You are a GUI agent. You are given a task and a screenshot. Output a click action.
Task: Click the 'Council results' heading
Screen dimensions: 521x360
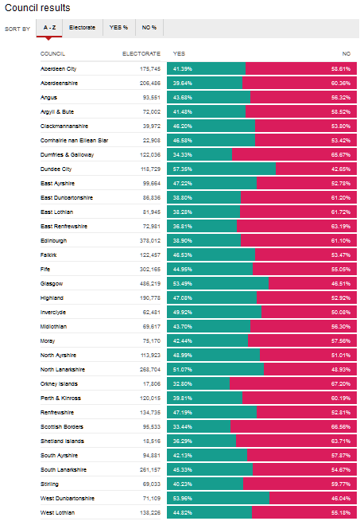[37, 8]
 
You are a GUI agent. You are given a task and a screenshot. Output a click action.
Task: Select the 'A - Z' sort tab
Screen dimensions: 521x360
[49, 28]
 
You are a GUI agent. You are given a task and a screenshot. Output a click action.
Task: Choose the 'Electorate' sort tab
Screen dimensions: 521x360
[82, 28]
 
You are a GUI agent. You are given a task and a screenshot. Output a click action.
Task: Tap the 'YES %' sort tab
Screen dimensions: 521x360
[118, 28]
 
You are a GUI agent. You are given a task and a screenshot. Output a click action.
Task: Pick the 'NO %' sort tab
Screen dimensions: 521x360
[149, 28]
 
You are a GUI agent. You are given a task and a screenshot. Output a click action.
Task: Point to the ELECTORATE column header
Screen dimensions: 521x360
[141, 53]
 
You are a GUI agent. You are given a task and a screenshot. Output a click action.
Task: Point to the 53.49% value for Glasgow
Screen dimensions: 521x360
[183, 282]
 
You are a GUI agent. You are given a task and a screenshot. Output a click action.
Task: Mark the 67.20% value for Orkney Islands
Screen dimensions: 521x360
[340, 383]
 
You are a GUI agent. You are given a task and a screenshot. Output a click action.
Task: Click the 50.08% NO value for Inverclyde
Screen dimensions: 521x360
[340, 312]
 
